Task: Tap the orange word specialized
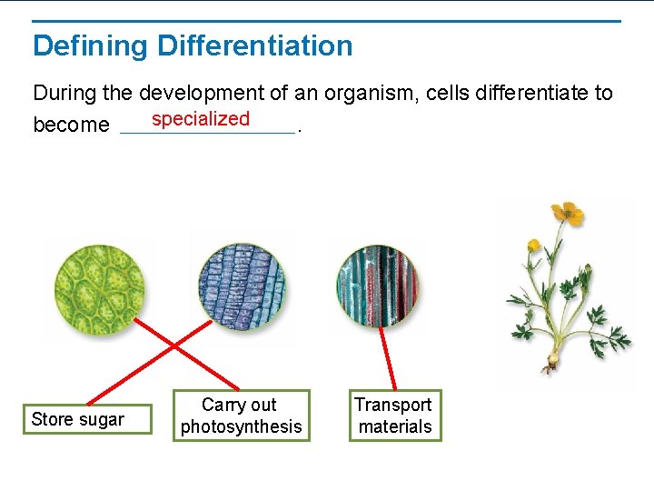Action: (x=201, y=119)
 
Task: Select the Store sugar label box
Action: (x=86, y=419)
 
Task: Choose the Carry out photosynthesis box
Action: (x=241, y=416)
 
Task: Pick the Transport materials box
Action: (x=395, y=416)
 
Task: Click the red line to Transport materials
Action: (x=388, y=359)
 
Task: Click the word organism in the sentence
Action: (x=372, y=93)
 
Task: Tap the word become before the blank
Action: (x=71, y=125)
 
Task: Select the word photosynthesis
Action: (x=241, y=426)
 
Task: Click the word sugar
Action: (x=102, y=419)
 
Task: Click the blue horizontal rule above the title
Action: (x=327, y=21)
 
